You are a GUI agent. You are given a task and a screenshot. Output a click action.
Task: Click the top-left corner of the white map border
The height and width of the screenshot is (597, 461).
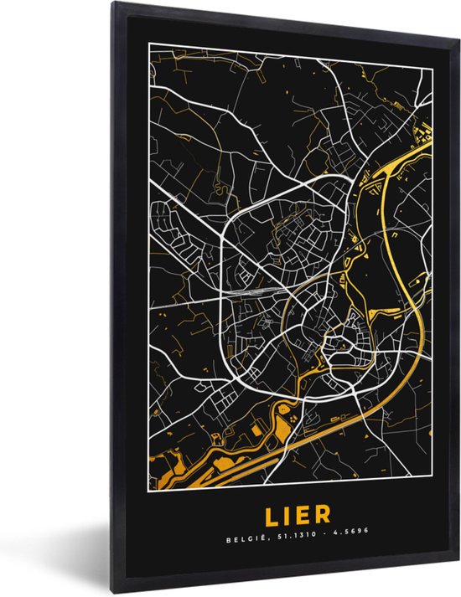pos(149,42)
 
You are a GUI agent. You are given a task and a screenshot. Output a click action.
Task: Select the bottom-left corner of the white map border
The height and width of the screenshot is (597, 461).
pos(149,486)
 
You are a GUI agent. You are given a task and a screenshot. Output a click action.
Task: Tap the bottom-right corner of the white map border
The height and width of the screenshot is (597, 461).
pos(433,486)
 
